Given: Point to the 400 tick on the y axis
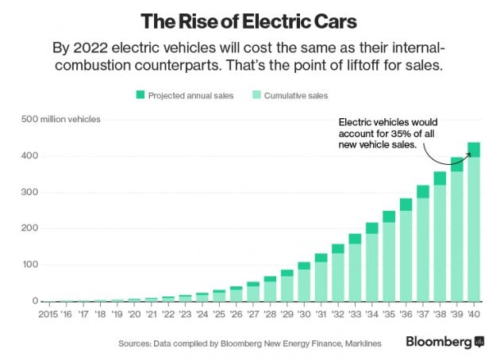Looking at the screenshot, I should pos(29,156).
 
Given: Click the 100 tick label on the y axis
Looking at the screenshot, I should pos(29,265).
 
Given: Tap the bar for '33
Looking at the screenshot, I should pos(356,270).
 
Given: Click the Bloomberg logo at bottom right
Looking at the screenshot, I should pos(444,342).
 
